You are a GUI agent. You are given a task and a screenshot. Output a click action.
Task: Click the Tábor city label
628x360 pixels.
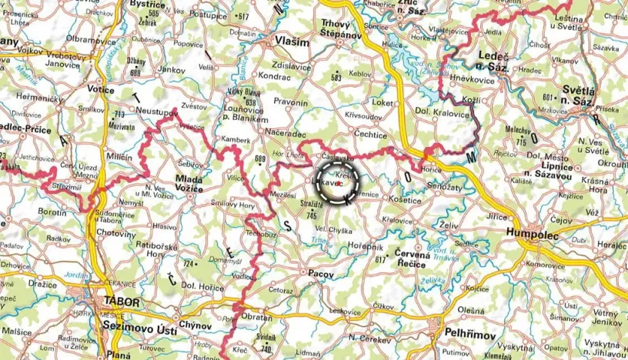(119, 302)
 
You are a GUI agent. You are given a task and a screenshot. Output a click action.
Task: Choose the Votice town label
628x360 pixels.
(100, 89)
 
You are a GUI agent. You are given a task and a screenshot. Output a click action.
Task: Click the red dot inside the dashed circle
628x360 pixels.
(339, 183)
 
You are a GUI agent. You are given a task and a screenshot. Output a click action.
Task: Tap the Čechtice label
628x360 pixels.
(370, 134)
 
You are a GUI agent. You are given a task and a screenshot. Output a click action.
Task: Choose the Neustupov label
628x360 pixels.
(156, 112)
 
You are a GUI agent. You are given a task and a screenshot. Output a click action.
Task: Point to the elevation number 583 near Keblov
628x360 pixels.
(336, 78)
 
